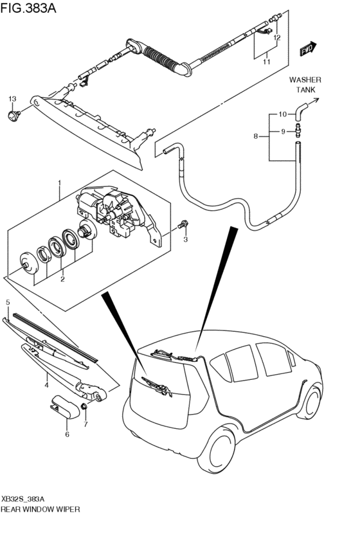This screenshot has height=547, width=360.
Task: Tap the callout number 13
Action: [x=12, y=99]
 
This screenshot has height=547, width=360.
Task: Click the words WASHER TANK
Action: [x=305, y=85]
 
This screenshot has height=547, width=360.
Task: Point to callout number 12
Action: [x=277, y=38]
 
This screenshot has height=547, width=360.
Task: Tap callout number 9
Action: [x=282, y=131]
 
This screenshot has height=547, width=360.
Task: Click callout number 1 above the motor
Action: [x=59, y=183]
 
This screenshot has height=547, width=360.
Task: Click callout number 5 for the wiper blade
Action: [x=8, y=301]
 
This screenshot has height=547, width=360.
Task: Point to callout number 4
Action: [x=46, y=385]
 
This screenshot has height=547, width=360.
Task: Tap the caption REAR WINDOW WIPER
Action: [x=40, y=509]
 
